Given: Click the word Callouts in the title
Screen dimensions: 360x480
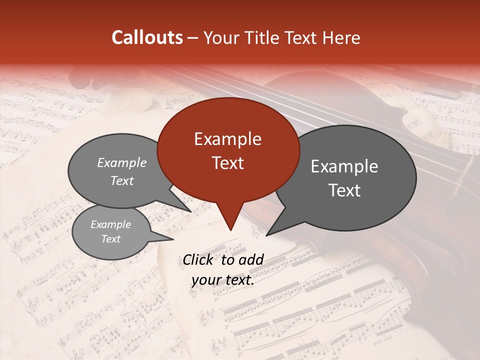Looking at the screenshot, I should pyautogui.click(x=147, y=37).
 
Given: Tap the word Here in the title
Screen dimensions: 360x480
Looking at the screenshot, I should pyautogui.click(x=341, y=37).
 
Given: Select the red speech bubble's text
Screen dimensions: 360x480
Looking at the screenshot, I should pyautogui.click(x=227, y=151).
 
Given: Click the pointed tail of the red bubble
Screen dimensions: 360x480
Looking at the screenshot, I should pyautogui.click(x=230, y=228).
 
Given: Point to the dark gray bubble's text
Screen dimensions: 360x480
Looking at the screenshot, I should pyautogui.click(x=344, y=178).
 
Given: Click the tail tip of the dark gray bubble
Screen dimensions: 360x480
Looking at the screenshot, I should pyautogui.click(x=268, y=234).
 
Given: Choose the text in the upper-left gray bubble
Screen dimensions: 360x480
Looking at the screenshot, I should pyautogui.click(x=122, y=171).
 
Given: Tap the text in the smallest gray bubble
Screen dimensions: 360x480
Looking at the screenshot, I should pyautogui.click(x=110, y=231).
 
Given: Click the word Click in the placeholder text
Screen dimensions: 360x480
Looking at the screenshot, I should pyautogui.click(x=199, y=259).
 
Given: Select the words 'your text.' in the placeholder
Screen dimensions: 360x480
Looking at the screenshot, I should pyautogui.click(x=223, y=280).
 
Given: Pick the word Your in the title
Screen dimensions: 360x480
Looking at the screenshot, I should pyautogui.click(x=220, y=37).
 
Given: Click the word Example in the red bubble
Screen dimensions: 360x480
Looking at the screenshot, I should pyautogui.click(x=227, y=139).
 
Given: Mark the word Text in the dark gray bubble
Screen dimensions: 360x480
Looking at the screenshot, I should pyautogui.click(x=344, y=190).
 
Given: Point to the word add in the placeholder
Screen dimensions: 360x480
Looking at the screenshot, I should pyautogui.click(x=251, y=259).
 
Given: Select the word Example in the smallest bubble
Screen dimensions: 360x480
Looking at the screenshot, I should pyautogui.click(x=110, y=224).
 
